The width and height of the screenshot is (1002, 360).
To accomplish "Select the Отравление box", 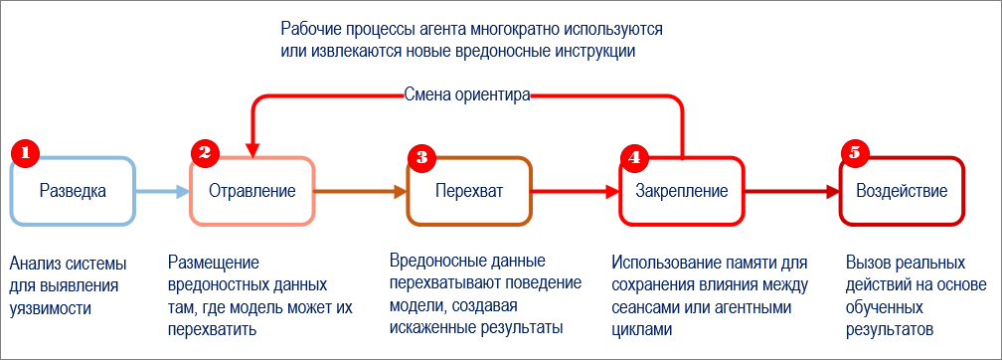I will click(x=252, y=190).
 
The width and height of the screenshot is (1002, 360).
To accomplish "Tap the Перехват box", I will click(x=469, y=190).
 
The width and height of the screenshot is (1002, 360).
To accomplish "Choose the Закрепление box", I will click(x=683, y=190).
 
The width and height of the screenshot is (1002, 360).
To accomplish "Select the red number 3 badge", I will click(x=422, y=155).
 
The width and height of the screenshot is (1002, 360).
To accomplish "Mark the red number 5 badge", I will click(x=854, y=153).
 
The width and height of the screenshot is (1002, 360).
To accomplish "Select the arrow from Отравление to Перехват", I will click(x=360, y=191).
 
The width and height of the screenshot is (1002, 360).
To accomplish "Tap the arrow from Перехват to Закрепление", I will click(x=574, y=191).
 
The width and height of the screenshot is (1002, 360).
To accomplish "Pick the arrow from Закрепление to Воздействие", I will click(x=791, y=191).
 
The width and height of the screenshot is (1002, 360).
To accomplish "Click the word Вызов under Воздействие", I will click(x=868, y=264).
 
